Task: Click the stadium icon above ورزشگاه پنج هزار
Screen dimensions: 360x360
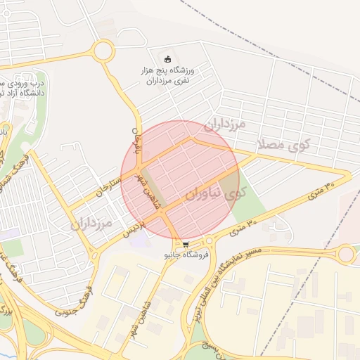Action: point(167,58)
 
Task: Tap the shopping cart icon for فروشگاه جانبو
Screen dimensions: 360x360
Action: point(186,244)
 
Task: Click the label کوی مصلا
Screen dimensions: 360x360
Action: point(285,144)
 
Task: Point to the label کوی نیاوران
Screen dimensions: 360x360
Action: point(216,192)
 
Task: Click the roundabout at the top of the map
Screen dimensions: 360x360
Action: point(103,51)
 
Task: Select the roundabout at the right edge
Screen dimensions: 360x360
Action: point(346,255)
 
